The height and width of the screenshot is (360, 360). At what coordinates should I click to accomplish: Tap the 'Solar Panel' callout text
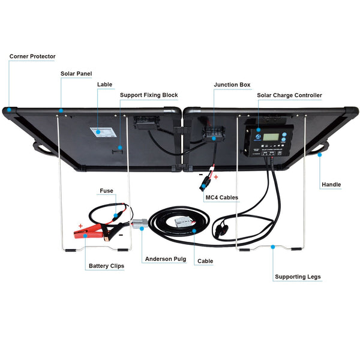tap(76, 74)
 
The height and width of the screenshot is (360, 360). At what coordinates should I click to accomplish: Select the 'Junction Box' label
tap(232, 85)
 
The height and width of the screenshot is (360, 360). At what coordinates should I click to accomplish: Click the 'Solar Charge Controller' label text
tap(289, 95)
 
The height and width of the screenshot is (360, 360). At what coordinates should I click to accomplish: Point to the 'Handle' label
tap(331, 184)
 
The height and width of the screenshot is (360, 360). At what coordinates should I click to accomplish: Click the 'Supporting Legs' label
tap(298, 277)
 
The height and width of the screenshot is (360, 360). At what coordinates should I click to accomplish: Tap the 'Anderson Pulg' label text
tap(165, 260)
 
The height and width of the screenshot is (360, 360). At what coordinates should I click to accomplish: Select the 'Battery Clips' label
tap(107, 266)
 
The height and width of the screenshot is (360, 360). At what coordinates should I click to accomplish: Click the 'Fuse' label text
tap(106, 191)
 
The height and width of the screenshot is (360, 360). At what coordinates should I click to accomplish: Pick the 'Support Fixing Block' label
tap(149, 95)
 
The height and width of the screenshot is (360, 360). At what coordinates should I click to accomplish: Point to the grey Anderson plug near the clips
tap(140, 225)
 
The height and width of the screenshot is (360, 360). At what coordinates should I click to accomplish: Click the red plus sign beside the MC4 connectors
tap(217, 178)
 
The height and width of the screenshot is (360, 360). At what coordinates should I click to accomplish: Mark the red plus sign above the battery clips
tap(80, 227)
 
